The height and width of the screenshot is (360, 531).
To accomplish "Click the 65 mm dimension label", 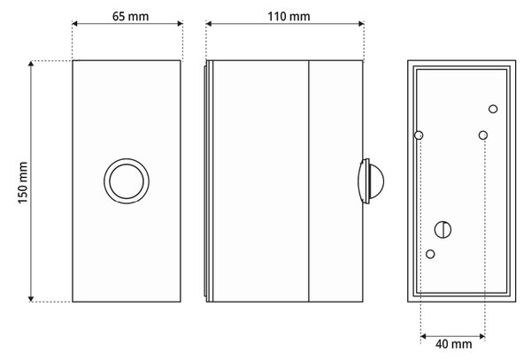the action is tap(130, 16).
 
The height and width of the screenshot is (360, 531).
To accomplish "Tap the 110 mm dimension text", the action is tap(289, 16).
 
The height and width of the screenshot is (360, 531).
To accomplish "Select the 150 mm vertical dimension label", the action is tap(23, 183).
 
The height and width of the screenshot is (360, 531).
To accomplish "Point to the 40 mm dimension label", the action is tap(453, 344).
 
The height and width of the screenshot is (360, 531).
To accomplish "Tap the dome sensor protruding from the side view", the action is tap(371, 181).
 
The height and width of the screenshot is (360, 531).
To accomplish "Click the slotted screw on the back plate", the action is tap(442, 230).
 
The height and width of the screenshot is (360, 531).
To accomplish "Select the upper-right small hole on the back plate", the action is tap(493, 109).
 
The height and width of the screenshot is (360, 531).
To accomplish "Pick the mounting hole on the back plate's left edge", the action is tap(419, 135).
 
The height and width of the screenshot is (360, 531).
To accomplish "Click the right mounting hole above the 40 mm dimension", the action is tap(483, 135).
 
